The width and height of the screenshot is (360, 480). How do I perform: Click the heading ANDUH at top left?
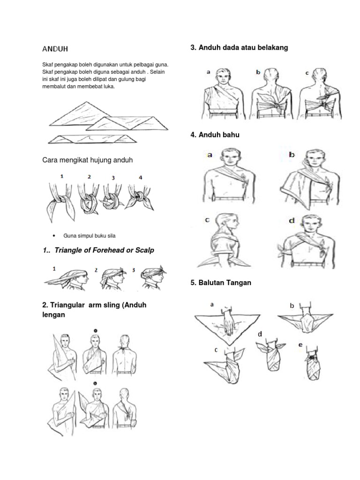[55, 49]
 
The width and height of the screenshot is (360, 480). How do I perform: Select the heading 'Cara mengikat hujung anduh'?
[88, 160]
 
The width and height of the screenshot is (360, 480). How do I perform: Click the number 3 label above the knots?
[113, 178]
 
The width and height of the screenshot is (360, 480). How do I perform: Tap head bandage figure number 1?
[68, 277]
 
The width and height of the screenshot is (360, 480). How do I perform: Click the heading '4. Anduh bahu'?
[215, 135]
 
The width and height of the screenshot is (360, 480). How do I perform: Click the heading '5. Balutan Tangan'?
[221, 283]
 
